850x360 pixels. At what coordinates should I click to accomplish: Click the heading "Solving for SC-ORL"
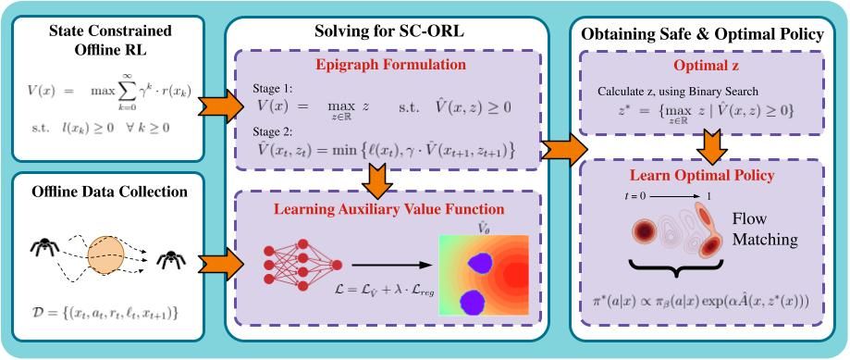click(x=387, y=31)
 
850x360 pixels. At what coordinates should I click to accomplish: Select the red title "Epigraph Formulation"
click(x=387, y=65)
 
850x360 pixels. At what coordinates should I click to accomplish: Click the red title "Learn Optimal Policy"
click(x=701, y=176)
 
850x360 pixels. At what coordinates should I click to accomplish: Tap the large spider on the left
click(x=45, y=247)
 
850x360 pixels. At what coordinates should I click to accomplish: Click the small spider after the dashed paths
click(x=171, y=259)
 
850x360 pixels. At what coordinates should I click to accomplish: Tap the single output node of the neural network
click(x=337, y=265)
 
